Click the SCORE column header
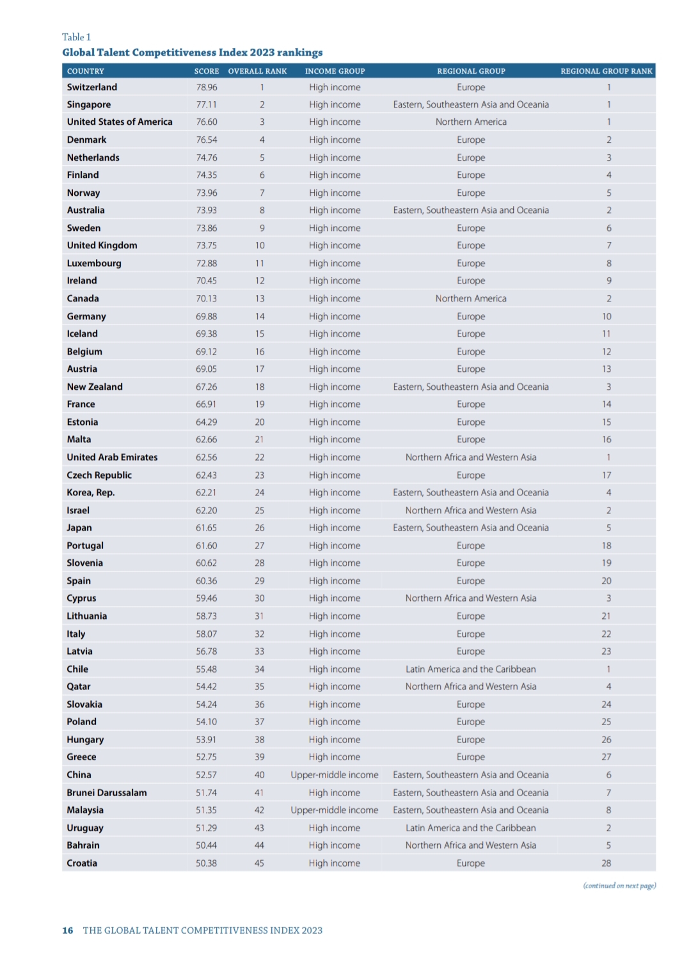click(206, 71)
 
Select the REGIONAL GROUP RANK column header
click(606, 71)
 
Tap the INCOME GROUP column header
click(335, 71)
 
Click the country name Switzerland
click(92, 87)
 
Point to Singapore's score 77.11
click(206, 104)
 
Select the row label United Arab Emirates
click(112, 457)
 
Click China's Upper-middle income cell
click(335, 774)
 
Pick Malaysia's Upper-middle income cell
click(335, 810)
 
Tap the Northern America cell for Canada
click(471, 298)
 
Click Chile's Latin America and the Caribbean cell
click(471, 669)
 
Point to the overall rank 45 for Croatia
click(259, 863)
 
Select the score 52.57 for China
click(206, 774)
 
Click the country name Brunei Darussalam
click(107, 792)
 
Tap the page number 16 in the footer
click(67, 931)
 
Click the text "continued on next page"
click(619, 886)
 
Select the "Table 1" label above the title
click(76, 37)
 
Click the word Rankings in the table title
click(299, 52)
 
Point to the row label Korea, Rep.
click(91, 492)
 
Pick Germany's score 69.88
click(206, 316)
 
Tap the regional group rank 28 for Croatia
click(606, 863)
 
